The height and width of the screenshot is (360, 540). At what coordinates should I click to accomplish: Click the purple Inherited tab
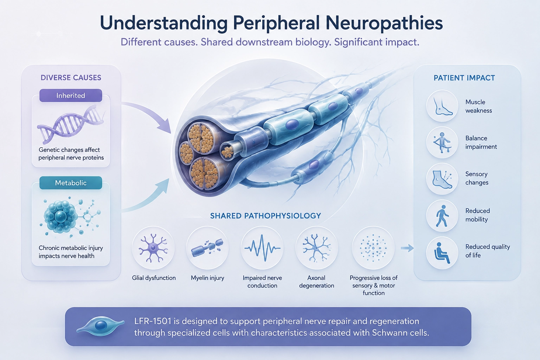click(71, 96)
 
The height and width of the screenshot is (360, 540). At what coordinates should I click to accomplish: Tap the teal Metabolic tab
click(71, 183)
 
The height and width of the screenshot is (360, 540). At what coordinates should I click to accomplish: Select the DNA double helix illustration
click(70, 124)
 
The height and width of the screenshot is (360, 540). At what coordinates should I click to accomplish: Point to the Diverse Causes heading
click(71, 78)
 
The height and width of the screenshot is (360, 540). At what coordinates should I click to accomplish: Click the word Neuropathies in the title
click(384, 23)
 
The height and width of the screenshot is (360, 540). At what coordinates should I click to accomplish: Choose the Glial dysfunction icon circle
click(153, 247)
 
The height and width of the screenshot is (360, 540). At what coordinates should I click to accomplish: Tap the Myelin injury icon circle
click(207, 247)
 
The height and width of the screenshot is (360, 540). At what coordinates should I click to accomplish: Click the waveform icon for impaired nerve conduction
click(262, 247)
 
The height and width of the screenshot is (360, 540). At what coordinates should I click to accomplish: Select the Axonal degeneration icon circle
click(317, 247)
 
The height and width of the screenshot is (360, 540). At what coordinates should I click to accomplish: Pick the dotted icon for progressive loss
click(373, 247)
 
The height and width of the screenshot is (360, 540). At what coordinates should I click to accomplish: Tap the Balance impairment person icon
click(442, 142)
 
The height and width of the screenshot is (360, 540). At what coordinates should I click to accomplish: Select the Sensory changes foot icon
click(442, 179)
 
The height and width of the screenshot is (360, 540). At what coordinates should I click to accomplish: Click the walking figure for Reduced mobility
click(442, 216)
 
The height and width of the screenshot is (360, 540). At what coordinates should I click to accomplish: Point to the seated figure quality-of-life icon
click(442, 253)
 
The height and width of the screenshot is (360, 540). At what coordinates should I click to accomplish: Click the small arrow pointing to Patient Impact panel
click(407, 248)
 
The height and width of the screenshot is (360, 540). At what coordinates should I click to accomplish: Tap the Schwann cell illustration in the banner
click(100, 326)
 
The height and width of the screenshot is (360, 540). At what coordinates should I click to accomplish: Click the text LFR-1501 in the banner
click(153, 321)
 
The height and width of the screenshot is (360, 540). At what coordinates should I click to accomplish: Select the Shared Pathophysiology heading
click(265, 216)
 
